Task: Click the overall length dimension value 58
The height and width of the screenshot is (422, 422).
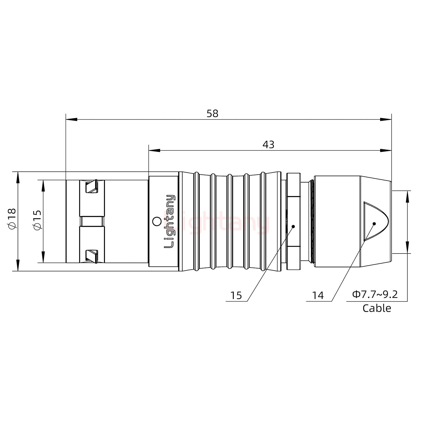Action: (x=212, y=114)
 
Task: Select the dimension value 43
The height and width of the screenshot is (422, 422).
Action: (x=268, y=145)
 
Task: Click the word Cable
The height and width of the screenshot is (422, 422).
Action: (x=377, y=309)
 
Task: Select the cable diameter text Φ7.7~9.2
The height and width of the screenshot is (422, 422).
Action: (x=375, y=295)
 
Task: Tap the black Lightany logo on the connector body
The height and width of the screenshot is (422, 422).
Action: (x=169, y=221)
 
